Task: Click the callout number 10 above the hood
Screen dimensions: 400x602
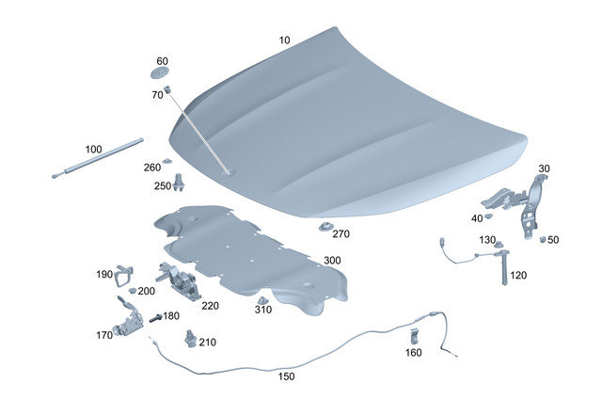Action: point(285,40)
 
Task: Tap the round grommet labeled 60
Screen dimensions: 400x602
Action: point(161,73)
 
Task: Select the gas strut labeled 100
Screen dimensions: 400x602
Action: point(99,158)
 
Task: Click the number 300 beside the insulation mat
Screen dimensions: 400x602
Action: point(332,260)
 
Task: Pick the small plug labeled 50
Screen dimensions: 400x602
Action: point(542,239)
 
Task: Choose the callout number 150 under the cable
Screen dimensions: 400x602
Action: point(286,376)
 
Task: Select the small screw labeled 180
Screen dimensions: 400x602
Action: point(157,317)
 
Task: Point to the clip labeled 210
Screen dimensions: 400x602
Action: point(191,337)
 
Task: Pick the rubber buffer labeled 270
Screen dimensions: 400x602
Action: point(325,227)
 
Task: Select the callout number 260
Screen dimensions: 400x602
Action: point(152,168)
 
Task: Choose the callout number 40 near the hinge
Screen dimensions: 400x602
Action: point(477,218)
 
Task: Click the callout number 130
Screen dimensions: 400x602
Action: point(486,241)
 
